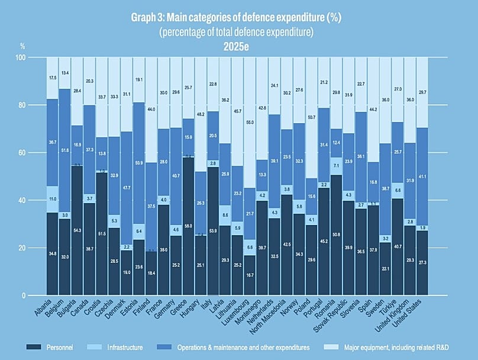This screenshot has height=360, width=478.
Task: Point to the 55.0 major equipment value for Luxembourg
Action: (x=250, y=121)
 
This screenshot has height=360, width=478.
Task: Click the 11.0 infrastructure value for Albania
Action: (x=52, y=200)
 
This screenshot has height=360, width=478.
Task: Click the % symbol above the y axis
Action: (x=22, y=46)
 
